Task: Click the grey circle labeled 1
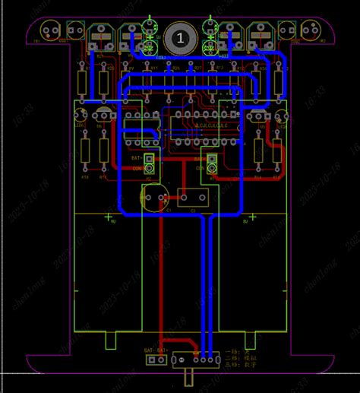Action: (180, 36)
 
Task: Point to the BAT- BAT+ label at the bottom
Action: (156, 350)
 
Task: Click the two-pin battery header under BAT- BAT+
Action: (156, 360)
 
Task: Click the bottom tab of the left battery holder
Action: (110, 341)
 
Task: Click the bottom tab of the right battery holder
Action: (251, 341)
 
